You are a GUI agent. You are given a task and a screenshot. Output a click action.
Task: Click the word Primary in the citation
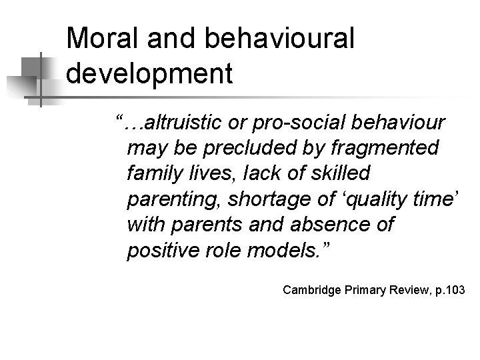click(x=360, y=290)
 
